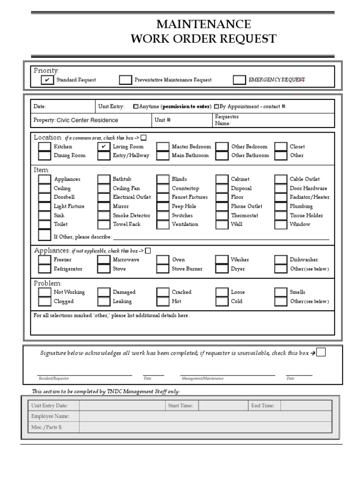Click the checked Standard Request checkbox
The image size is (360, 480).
(x=47, y=80)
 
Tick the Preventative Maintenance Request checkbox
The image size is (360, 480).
(x=125, y=80)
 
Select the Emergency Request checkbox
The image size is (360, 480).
(x=240, y=80)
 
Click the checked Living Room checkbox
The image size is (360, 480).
(x=104, y=147)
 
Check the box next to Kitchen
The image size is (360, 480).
(x=45, y=147)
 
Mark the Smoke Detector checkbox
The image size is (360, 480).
(x=104, y=216)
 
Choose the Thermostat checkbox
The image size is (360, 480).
(x=222, y=216)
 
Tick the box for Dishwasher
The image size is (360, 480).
(x=281, y=260)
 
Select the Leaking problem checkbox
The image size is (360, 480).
(x=104, y=301)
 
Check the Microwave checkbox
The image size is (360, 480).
(x=104, y=260)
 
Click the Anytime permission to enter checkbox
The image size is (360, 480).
(x=136, y=106)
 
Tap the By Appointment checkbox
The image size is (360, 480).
(x=216, y=106)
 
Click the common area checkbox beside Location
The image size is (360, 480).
(x=143, y=138)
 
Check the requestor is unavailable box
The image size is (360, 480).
(x=321, y=352)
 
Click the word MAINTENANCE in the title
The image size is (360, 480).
(x=203, y=24)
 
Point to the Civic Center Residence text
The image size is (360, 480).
(x=87, y=120)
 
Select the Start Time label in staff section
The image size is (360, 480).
(x=180, y=405)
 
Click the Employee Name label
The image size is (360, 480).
(x=50, y=416)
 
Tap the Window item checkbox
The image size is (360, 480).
(x=281, y=225)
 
